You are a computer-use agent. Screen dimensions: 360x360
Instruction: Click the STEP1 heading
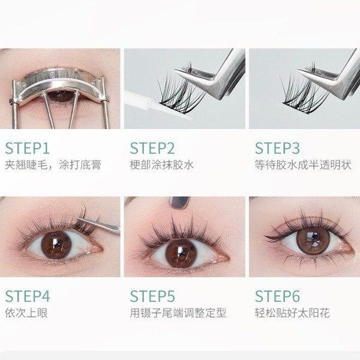28,148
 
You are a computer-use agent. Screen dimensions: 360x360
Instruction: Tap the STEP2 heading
152,148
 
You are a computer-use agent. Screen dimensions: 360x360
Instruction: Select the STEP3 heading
277,148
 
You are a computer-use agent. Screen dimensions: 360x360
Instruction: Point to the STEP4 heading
28,296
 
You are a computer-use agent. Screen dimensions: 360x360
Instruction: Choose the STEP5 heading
152,296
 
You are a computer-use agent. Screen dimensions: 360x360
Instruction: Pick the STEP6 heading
277,296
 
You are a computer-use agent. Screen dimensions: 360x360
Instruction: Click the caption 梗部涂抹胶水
162,165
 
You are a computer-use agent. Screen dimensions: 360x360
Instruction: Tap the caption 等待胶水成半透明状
303,165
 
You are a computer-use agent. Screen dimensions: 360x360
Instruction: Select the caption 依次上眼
26,313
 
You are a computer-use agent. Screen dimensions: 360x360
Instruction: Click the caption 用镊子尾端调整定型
178,313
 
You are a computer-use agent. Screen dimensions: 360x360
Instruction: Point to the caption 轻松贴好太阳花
292,313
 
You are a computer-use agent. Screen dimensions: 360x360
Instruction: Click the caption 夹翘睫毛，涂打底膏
53,165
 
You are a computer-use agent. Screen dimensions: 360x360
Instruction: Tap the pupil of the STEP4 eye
56,244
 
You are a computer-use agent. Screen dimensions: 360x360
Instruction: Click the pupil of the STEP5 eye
181,253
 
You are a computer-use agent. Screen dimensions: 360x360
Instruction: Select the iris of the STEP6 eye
312,239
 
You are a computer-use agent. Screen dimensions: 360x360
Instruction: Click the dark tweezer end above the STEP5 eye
179,203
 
